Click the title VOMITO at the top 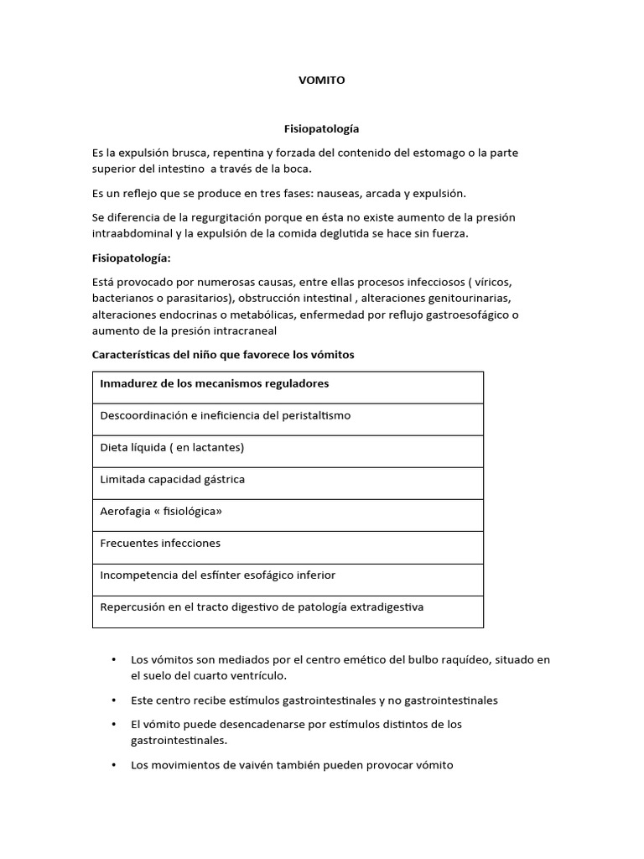[322, 81]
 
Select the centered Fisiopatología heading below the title [322, 128]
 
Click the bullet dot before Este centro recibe [113, 700]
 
